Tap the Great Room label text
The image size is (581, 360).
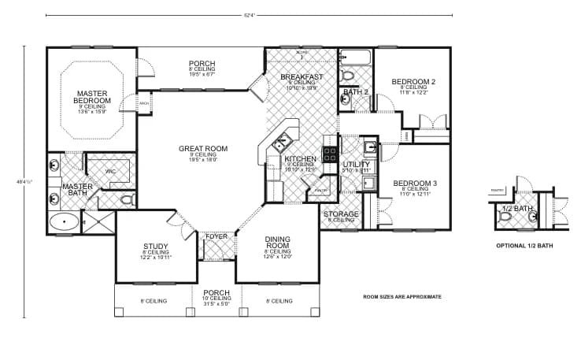click(202, 148)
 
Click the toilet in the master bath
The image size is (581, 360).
click(127, 201)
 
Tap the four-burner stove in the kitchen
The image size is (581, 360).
click(331, 153)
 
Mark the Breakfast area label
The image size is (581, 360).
click(302, 76)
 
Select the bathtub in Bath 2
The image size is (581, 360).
click(355, 57)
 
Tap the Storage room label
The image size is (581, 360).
click(342, 213)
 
